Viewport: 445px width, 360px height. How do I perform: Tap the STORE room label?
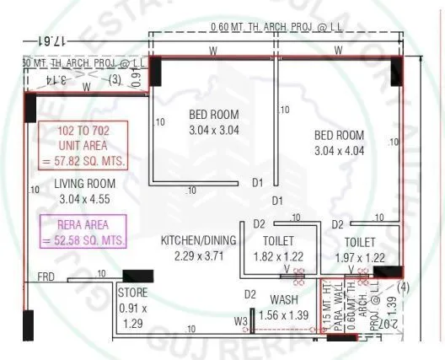(x=132, y=293)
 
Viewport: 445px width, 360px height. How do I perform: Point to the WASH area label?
(x=282, y=299)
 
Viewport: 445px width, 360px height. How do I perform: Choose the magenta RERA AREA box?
(x=83, y=231)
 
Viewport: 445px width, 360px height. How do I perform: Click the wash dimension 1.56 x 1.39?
(x=283, y=314)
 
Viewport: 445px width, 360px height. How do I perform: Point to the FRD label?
(x=46, y=276)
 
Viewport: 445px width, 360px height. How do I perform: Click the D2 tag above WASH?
(x=249, y=294)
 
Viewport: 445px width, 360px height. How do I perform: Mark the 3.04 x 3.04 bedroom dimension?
(x=213, y=131)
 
